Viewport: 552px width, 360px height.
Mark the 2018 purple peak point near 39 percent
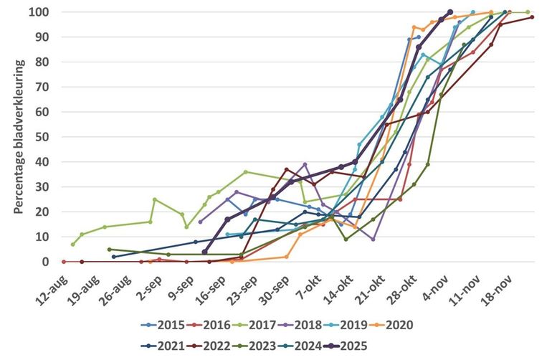pyautogui.click(x=305, y=164)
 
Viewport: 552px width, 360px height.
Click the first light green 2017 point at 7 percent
pyautogui.click(x=72, y=244)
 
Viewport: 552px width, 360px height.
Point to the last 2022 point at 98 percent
pyautogui.click(x=532, y=17)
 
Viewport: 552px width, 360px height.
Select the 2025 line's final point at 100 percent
pyautogui.click(x=449, y=12)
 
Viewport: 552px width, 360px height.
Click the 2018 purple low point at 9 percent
pyautogui.click(x=373, y=239)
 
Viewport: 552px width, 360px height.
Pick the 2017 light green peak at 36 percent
pyautogui.click(x=245, y=172)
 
